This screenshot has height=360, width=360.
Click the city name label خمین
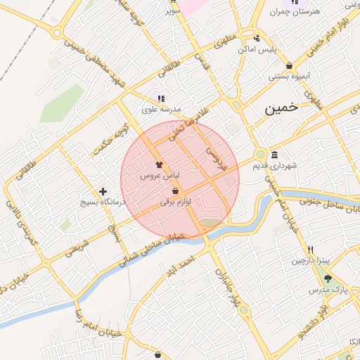[x=281, y=109]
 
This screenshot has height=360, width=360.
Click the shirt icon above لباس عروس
[x=158, y=164]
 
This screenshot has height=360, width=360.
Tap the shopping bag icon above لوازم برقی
[x=174, y=191]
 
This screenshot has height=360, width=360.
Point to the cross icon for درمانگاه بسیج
[x=103, y=191]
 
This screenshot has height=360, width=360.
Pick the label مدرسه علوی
[x=162, y=110]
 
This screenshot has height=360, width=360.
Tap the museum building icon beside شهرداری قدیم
[x=274, y=155]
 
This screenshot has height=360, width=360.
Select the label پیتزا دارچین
[x=310, y=260]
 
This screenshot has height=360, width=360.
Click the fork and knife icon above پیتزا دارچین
[x=310, y=250]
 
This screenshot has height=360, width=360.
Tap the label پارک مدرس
[x=328, y=290]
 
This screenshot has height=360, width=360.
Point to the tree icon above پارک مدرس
[x=327, y=279]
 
